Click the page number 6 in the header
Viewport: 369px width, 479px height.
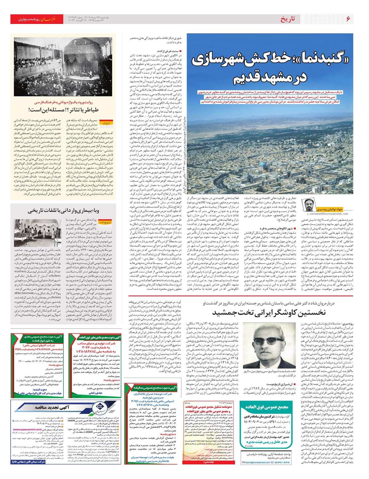point(348,19)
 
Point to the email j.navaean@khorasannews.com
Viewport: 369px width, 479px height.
point(327,214)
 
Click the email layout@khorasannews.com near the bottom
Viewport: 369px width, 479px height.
point(256,462)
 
